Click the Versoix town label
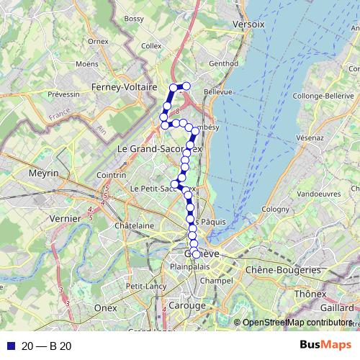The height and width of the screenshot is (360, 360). click(x=250, y=24)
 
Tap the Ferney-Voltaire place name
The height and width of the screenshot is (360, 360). click(x=125, y=87)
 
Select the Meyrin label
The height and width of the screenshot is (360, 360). click(x=42, y=174)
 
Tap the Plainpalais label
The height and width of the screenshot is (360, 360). click(x=187, y=266)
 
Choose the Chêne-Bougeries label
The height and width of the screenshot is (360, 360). click(x=283, y=270)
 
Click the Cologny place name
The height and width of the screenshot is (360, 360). click(x=274, y=209)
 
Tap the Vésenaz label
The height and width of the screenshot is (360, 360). click(x=310, y=136)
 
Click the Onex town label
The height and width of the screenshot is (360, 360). click(x=105, y=307)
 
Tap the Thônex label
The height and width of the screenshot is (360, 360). click(x=310, y=294)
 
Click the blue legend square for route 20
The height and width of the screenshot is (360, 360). click(x=10, y=346)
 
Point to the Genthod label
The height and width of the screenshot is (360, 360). click(x=223, y=63)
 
